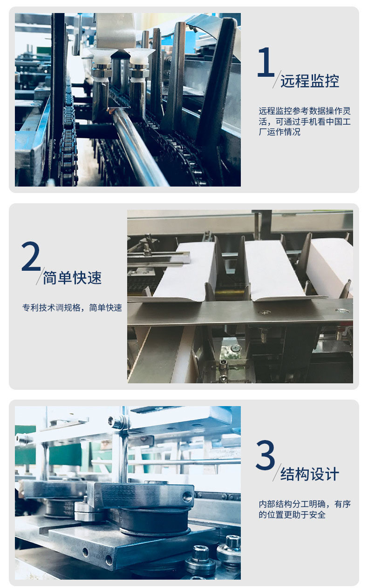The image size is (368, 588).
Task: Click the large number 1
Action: pos(266,62)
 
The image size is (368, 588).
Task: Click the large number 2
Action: pos(31,256)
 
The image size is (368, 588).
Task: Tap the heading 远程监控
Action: pos(310,81)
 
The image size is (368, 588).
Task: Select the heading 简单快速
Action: pos(72,278)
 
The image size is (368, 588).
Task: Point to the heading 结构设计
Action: pos(310,474)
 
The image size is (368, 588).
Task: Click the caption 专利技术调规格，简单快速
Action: pos(72,307)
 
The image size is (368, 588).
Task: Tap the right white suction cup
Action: pos(138,56)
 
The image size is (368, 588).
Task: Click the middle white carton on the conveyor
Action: pos(273,270)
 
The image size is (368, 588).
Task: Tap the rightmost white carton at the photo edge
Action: pos(331,268)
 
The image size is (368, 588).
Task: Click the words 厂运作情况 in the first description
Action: pos(279,132)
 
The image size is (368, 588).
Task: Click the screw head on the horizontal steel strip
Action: pos(265,313)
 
